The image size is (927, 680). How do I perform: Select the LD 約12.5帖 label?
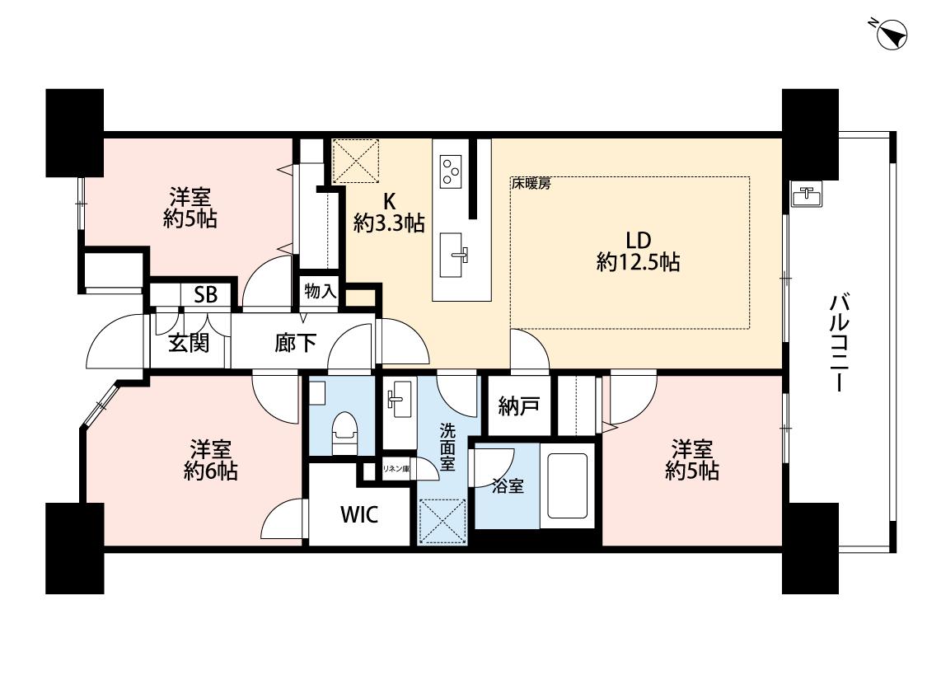[x=639, y=251]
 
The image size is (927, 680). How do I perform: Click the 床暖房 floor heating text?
[x=531, y=184]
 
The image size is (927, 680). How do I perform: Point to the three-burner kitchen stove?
[x=451, y=171]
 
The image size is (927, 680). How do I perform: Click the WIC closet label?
[x=359, y=514]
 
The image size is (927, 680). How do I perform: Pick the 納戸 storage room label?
[x=518, y=406]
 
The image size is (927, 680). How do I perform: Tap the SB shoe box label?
[x=206, y=294]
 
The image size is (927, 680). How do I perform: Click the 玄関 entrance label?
[x=189, y=342]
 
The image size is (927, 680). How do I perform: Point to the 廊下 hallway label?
[x=295, y=342]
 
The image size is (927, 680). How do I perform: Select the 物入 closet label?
[x=320, y=291]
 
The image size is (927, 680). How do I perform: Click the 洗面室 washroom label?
[x=447, y=447]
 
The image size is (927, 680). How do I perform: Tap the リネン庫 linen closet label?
[x=396, y=469]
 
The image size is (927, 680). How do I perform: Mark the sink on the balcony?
[x=807, y=195]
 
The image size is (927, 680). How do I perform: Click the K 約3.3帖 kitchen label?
[x=389, y=213]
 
